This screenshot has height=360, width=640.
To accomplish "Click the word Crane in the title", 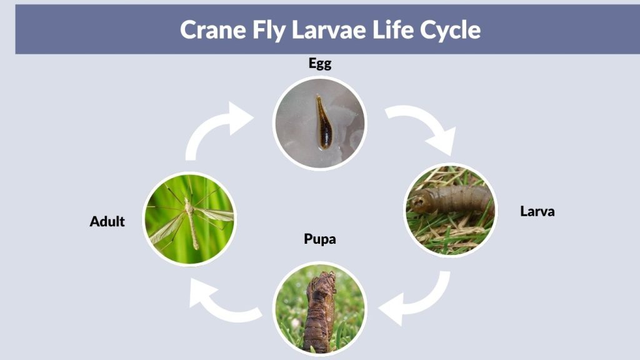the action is (x=213, y=30).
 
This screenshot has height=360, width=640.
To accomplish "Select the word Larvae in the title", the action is (x=329, y=30).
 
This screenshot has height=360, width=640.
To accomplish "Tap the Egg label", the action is (x=320, y=64).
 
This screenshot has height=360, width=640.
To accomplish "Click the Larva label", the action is (x=537, y=211).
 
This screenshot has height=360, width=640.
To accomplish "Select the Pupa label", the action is (x=320, y=239).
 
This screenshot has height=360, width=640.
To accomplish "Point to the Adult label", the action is (x=107, y=222).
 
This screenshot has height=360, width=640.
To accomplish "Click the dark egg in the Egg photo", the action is (x=324, y=122).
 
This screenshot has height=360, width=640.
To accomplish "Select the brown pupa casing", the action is (x=319, y=312).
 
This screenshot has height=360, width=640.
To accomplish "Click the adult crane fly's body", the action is (x=191, y=222).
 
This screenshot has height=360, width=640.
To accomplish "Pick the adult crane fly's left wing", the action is (x=168, y=229).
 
